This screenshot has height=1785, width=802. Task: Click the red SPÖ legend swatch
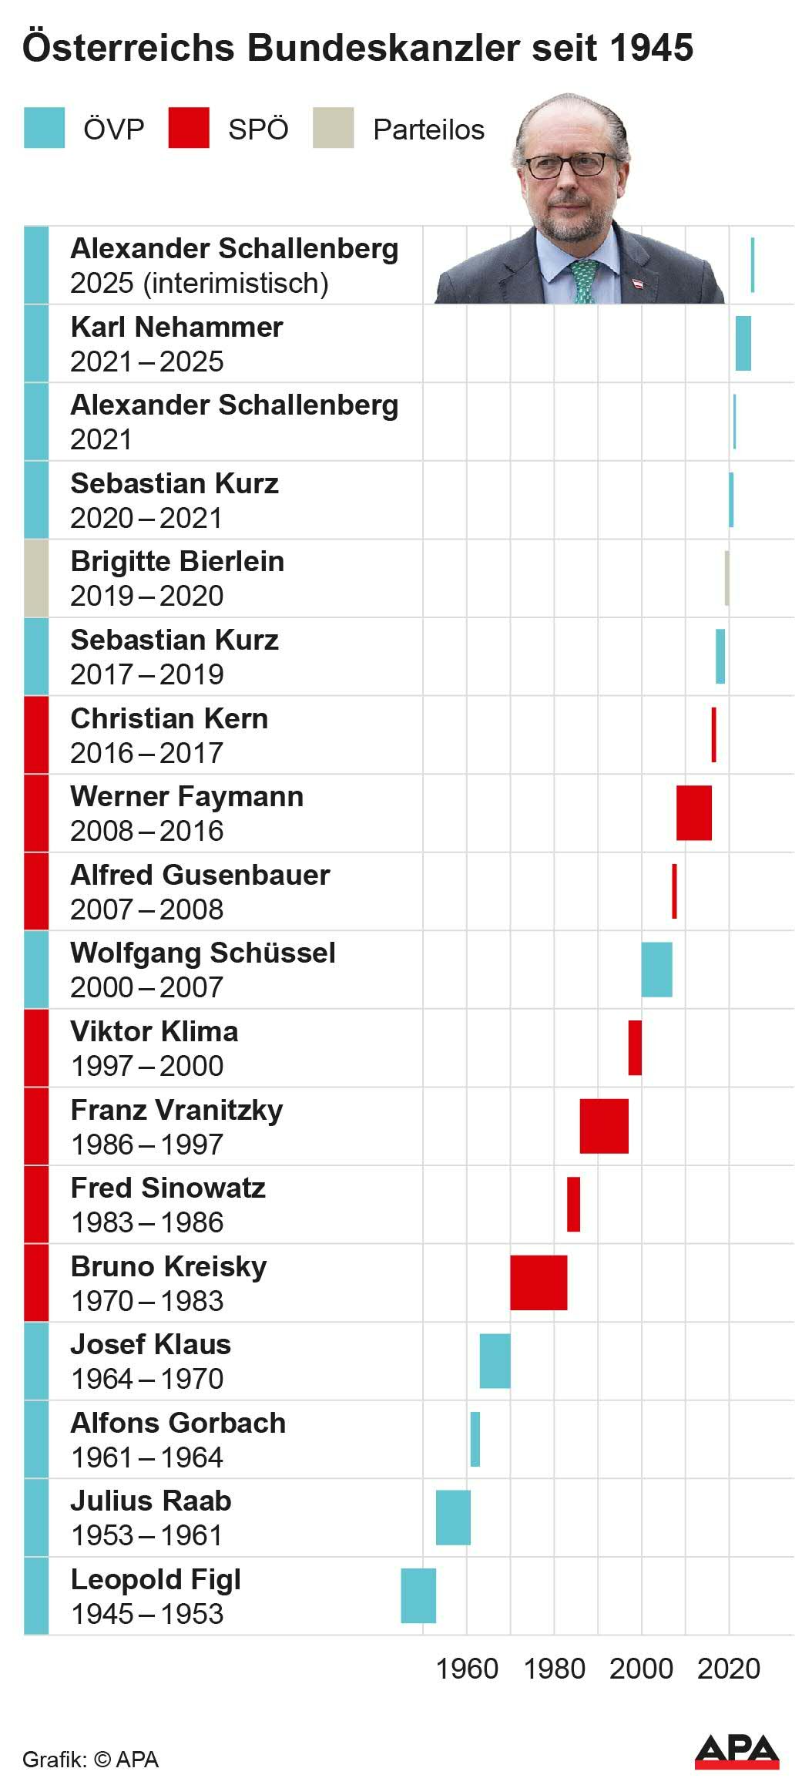coord(189,128)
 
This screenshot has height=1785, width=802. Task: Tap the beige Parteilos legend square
coord(334,128)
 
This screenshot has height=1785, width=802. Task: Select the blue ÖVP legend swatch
coord(44,128)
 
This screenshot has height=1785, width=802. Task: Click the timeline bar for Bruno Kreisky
coord(539,1282)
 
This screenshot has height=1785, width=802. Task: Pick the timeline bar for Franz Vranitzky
coord(604,1126)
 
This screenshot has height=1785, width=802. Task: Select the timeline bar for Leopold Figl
coord(418,1595)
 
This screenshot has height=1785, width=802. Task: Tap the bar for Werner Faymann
coord(694,813)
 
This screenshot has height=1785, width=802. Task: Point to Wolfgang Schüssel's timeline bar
coord(656,970)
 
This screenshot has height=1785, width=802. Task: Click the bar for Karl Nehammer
coord(743,344)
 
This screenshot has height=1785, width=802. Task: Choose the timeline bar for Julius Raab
coord(453,1518)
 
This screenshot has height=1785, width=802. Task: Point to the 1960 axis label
coord(467,1669)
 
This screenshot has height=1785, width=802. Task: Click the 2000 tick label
coord(641,1669)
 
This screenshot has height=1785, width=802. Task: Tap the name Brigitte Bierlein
coord(177,562)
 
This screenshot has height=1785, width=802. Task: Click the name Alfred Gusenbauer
coord(200,875)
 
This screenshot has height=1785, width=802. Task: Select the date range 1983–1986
coord(147,1222)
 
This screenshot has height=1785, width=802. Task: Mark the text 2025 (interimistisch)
coord(200,284)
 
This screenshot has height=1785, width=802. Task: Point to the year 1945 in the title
coord(651,48)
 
